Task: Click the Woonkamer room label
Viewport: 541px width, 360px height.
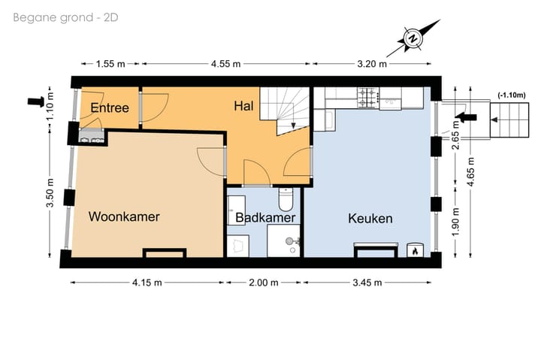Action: coord(124,217)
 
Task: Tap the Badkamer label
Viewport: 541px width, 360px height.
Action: coord(264,218)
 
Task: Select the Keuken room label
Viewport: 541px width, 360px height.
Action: coord(370,218)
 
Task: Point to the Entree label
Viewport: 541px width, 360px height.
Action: coord(110,108)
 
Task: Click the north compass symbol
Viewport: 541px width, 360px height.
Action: coord(412,38)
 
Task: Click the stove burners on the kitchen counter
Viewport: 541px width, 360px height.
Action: coord(368,97)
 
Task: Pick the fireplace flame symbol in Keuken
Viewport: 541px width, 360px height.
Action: coord(413,251)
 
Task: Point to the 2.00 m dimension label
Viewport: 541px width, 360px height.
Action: coord(264,283)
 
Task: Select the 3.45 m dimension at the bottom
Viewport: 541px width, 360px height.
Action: coord(367,283)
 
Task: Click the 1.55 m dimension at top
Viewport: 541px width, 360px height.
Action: coord(110,64)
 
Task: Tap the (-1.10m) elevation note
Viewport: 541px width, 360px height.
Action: coord(511,95)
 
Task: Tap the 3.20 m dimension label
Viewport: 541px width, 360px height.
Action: coord(372,64)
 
